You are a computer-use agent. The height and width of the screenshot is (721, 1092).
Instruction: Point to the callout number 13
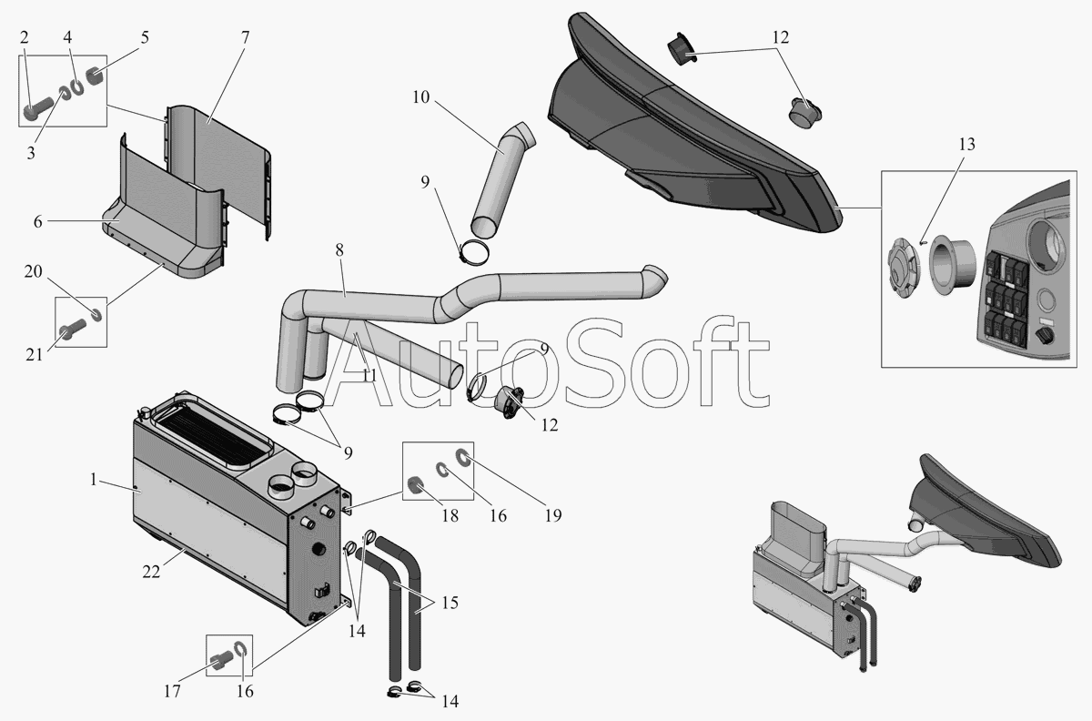(x=966, y=144)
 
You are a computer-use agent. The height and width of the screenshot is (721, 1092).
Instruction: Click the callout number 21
(x=33, y=354)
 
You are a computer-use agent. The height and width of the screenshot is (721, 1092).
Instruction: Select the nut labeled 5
(x=95, y=72)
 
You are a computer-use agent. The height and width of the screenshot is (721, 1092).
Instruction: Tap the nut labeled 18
(x=418, y=485)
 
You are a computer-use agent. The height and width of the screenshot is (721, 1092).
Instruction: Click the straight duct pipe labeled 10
(x=500, y=178)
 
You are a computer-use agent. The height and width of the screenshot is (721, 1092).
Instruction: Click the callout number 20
(x=32, y=272)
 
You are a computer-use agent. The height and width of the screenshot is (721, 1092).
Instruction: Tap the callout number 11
(x=369, y=375)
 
